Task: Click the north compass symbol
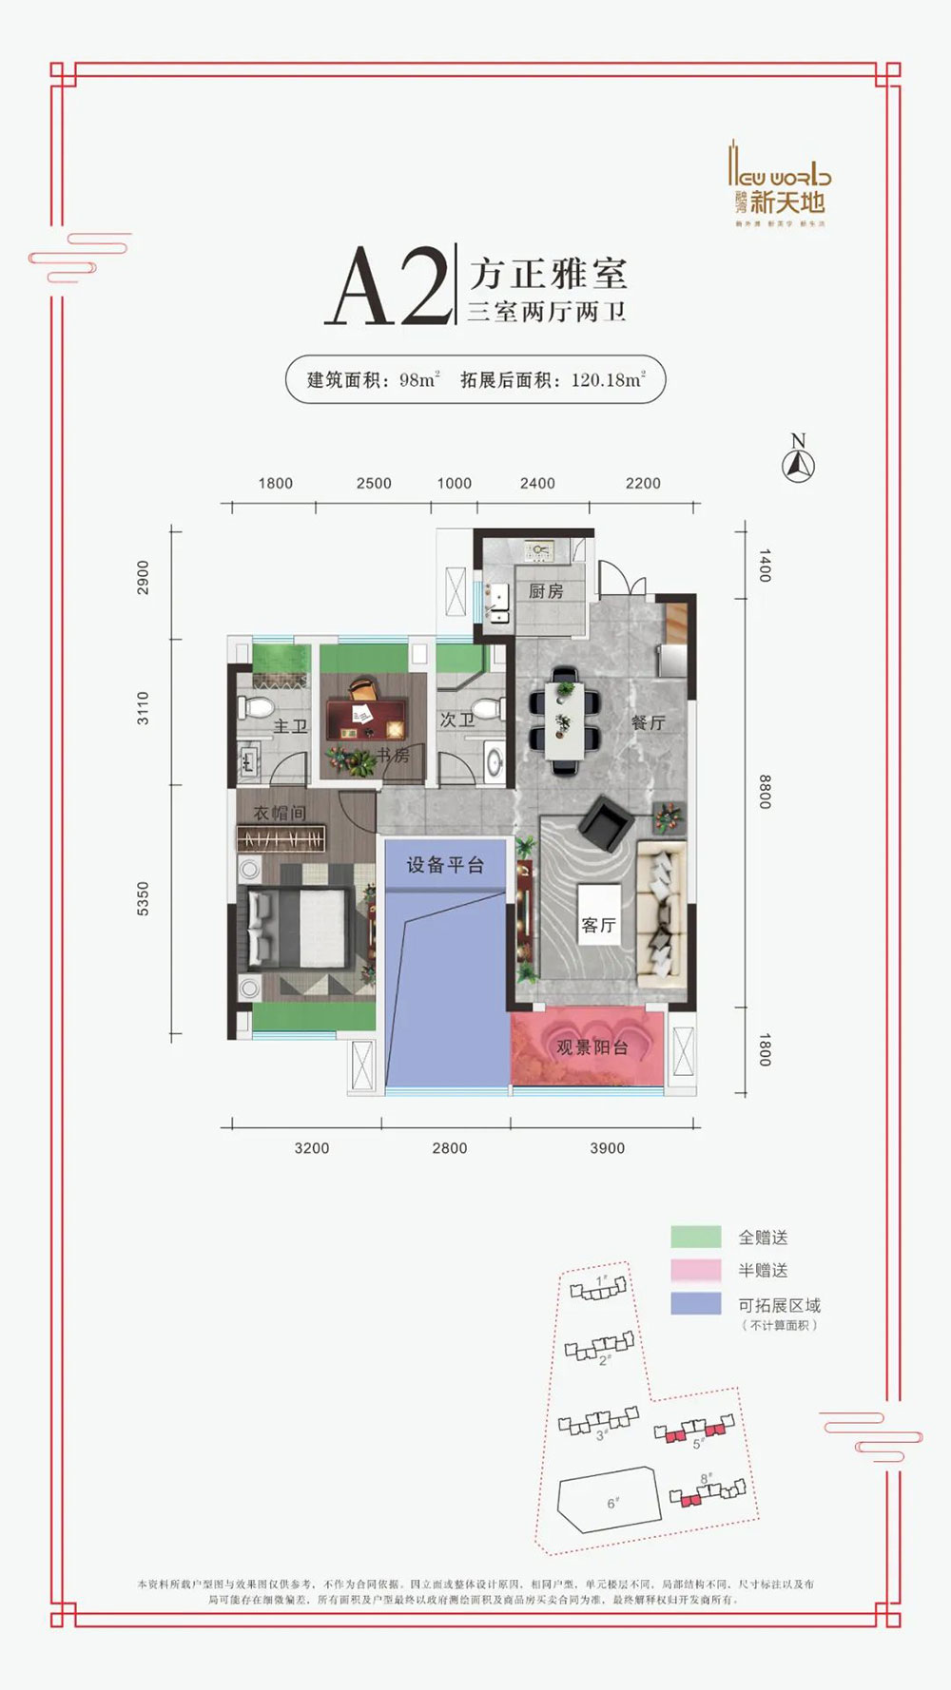tap(798, 466)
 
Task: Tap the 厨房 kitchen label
tap(546, 591)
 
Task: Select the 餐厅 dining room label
tap(648, 723)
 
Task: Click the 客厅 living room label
tap(599, 925)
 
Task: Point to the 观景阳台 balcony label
tap(592, 1047)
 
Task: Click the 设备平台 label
tap(445, 865)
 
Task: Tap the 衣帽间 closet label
tap(280, 813)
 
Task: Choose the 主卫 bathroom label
tap(290, 726)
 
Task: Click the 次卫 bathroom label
tap(456, 720)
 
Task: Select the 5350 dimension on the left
tap(143, 898)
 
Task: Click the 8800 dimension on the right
tap(765, 791)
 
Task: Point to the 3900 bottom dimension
tap(607, 1148)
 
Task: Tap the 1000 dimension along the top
tap(454, 483)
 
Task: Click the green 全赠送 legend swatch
tap(695, 1237)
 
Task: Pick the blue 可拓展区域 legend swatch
tap(695, 1303)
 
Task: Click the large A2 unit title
tap(388, 287)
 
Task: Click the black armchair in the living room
tap(606, 825)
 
